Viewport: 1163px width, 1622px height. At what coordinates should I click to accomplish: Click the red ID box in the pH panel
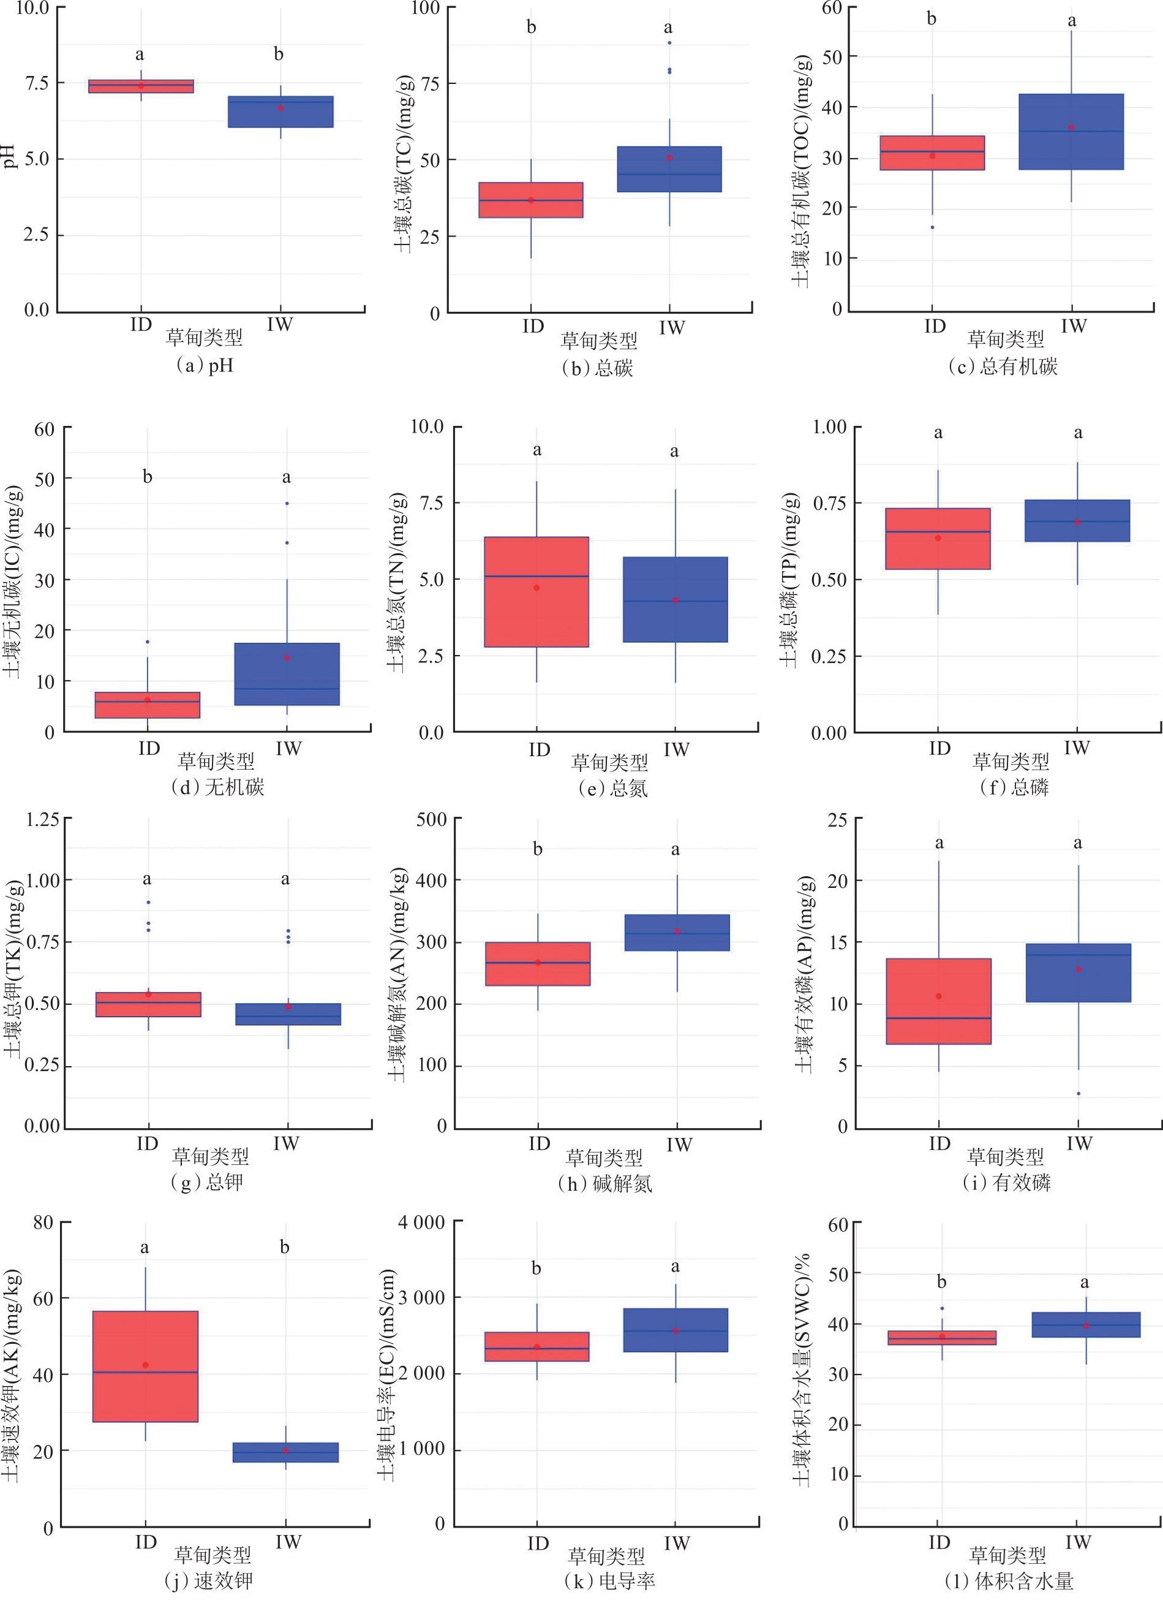tap(141, 86)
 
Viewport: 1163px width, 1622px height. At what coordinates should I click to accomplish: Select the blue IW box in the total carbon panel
tap(669, 170)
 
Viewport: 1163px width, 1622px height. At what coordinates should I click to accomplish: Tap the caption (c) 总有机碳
tap(1003, 367)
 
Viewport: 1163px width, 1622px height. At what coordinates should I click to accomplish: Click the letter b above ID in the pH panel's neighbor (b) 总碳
tap(531, 27)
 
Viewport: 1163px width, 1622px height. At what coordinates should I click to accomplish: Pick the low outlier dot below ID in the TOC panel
tap(932, 227)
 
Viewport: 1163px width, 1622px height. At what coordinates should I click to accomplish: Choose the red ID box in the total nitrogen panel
tap(536, 592)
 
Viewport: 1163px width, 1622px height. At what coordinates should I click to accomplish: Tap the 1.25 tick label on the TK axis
tap(42, 819)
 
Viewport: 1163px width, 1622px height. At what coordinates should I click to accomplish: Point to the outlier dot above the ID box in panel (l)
tap(942, 1309)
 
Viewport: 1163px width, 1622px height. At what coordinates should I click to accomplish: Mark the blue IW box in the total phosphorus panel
tap(1077, 521)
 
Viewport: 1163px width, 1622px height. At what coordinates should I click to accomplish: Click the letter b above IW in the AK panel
tap(285, 1247)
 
